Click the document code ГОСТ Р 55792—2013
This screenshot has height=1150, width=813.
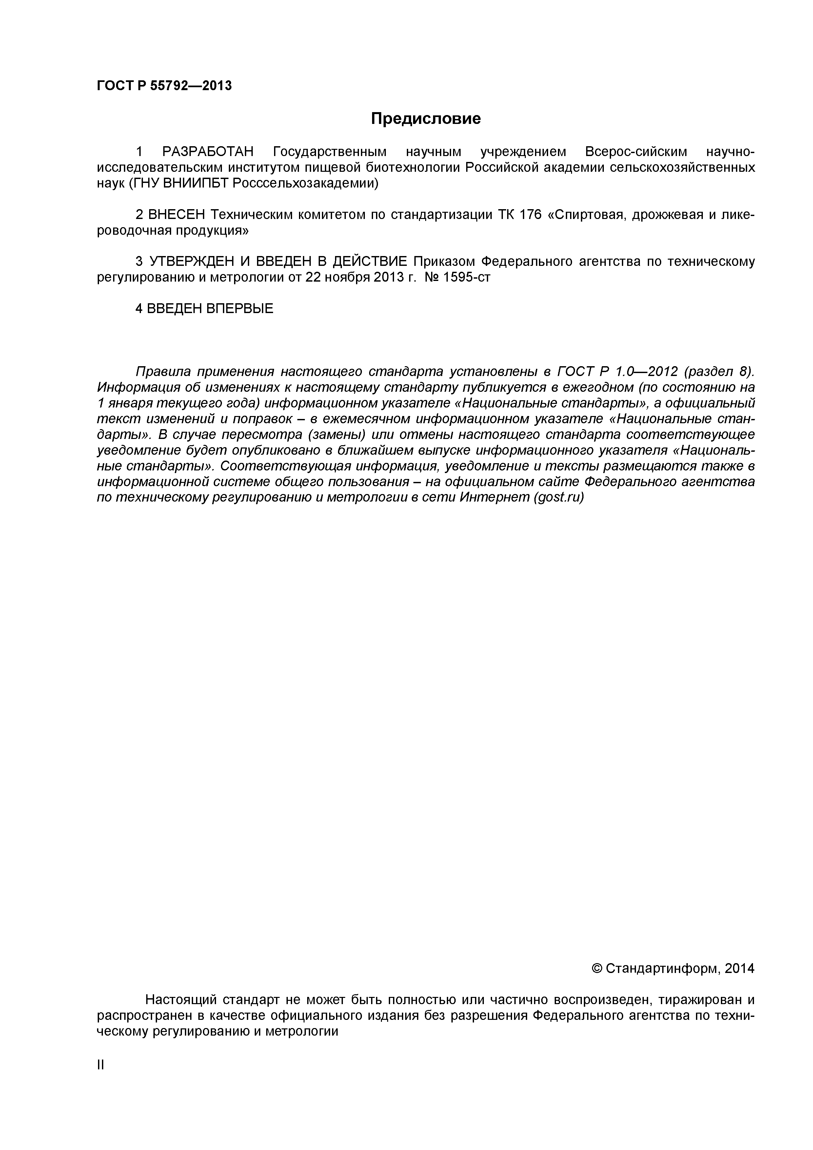tap(164, 86)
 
